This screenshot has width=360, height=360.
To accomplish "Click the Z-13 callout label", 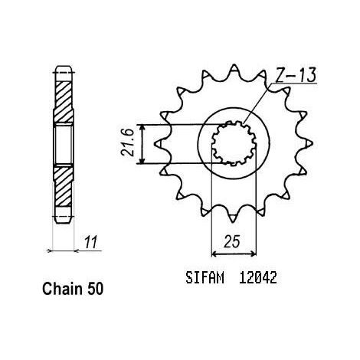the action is point(296,75).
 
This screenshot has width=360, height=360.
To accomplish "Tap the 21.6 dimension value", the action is point(128,142).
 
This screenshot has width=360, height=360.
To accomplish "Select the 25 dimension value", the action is point(232,241).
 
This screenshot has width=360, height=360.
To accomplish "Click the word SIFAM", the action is point(205,277).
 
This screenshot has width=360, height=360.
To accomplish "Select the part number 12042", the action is point(258,277).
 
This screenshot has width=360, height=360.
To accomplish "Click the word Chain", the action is point(63,289).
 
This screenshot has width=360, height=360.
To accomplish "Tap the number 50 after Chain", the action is point(96,289).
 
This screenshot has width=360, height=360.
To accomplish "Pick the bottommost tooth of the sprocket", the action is point(233,217).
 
